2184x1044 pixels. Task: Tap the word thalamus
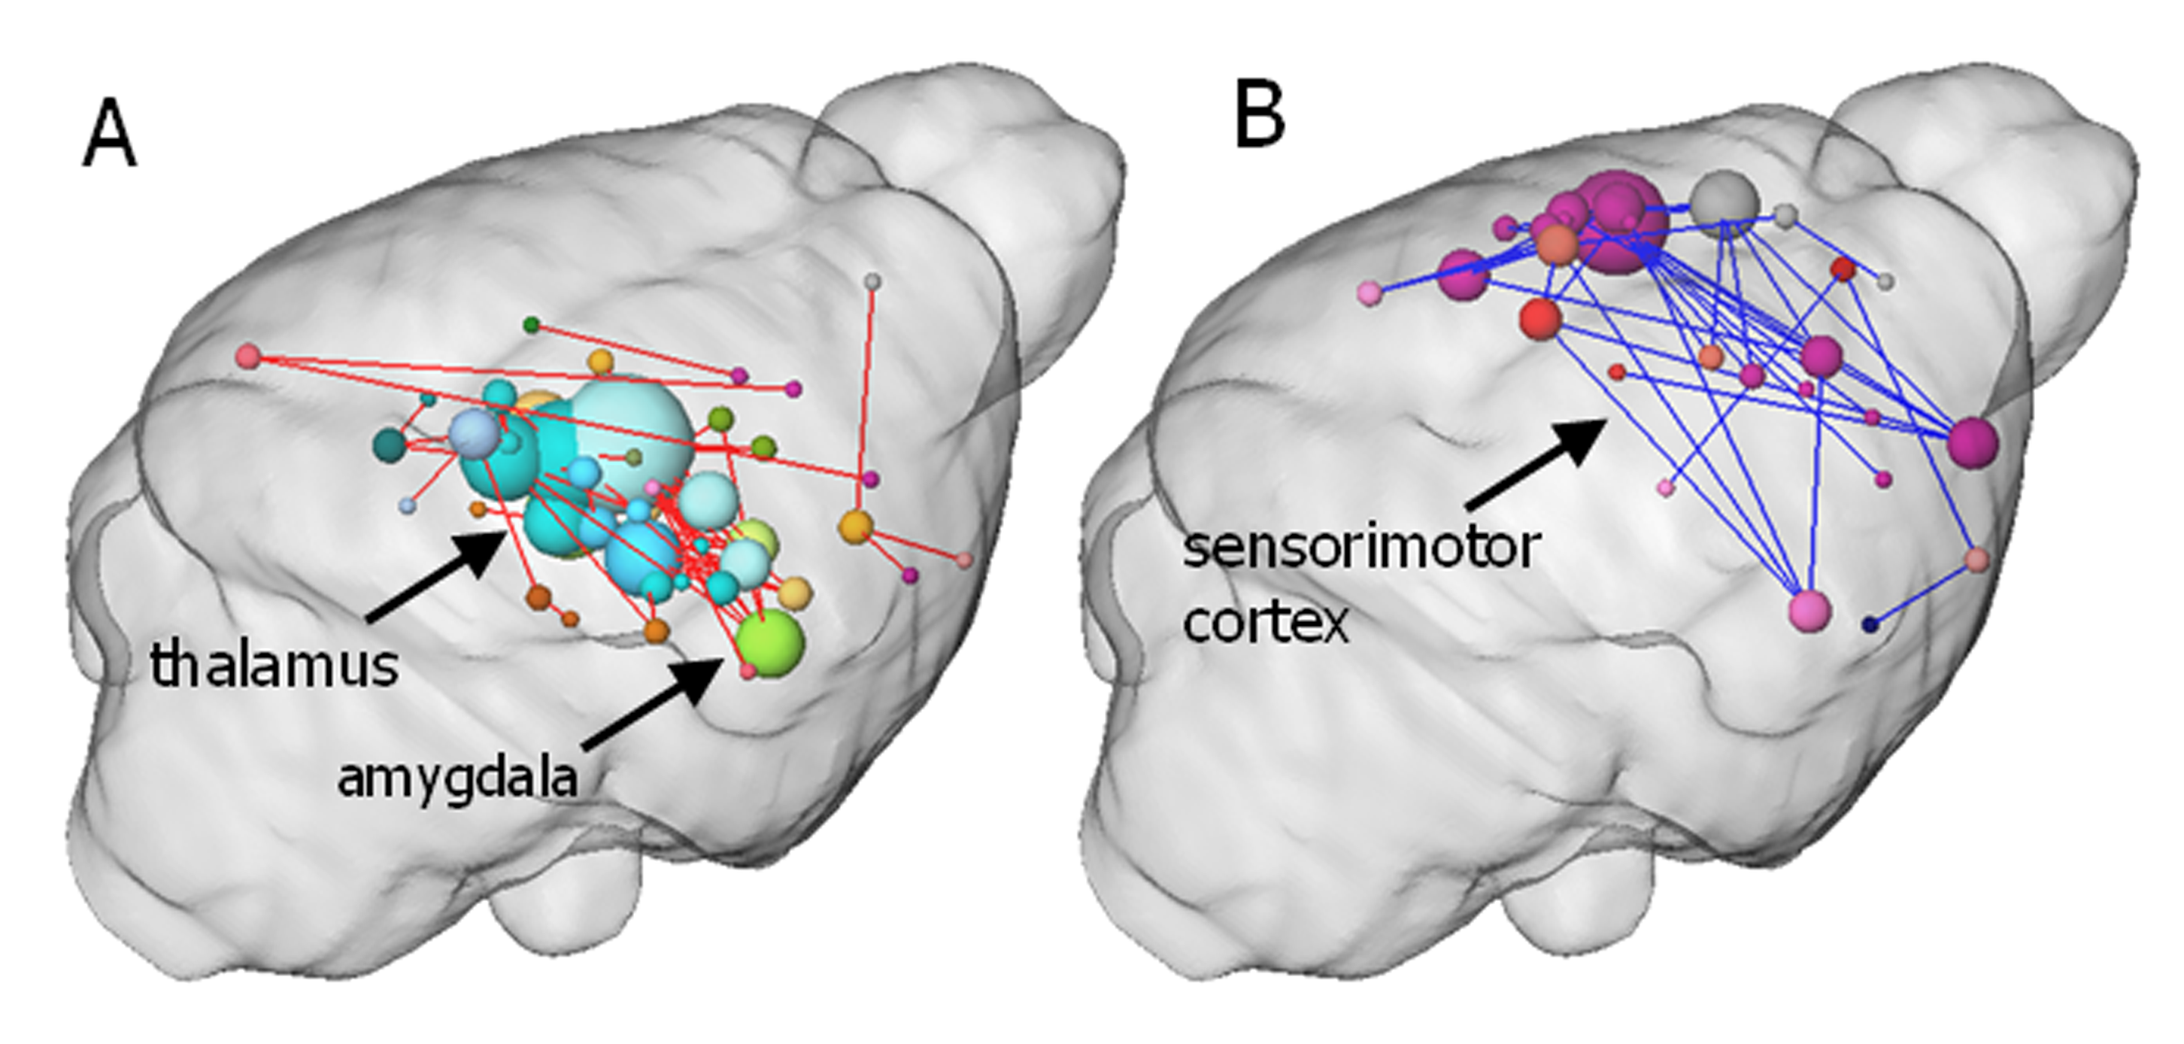(274, 665)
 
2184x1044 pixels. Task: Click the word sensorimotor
(1359, 547)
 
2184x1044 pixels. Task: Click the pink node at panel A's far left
(247, 357)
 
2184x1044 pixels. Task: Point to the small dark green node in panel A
(532, 324)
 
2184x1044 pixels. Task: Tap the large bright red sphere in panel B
(1540, 319)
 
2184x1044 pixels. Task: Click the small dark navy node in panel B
(1870, 625)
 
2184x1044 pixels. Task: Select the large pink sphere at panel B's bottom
(1810, 610)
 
